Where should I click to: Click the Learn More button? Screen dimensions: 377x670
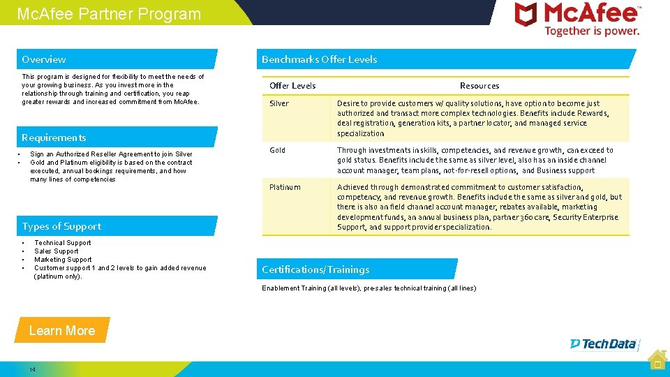tap(62, 330)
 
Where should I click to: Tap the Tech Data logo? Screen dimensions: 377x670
tap(603, 343)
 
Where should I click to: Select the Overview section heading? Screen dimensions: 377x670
tap(44, 59)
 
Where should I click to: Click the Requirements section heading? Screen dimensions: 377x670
tap(54, 138)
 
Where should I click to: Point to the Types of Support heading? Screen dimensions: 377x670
tap(61, 226)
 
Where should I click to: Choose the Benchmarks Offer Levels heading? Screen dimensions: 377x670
tap(319, 59)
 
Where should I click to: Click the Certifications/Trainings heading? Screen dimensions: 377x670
tap(315, 269)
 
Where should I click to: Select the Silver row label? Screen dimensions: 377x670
tap(279, 103)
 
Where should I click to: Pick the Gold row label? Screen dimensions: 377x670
tap(277, 150)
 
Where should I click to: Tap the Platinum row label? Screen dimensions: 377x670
tap(285, 187)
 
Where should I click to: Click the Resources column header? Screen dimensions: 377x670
tap(479, 86)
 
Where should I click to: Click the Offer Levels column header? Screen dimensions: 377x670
tap(292, 86)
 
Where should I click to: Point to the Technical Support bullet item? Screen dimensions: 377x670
tap(63, 243)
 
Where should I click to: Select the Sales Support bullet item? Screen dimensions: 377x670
tap(57, 251)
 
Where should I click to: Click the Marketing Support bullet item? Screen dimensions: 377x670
tap(63, 260)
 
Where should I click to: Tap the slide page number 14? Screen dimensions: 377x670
tap(32, 369)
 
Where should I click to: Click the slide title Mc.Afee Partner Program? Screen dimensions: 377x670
tap(108, 14)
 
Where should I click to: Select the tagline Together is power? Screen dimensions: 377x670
tap(592, 31)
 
